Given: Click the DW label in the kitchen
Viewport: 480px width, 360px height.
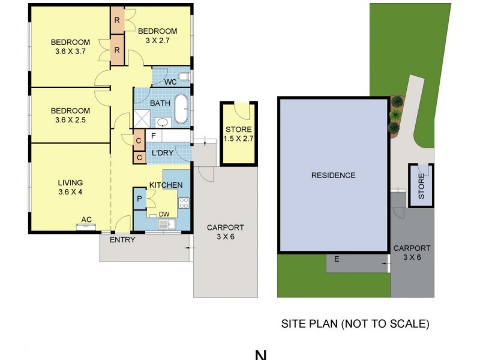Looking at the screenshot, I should (x=163, y=214).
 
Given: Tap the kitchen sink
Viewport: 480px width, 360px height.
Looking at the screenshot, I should (x=166, y=225).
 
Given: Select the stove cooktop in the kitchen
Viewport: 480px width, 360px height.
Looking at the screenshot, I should (x=184, y=203).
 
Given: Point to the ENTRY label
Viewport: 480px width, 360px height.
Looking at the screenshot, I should (x=122, y=240).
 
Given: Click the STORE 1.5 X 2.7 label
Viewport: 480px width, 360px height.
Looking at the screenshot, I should (x=239, y=134).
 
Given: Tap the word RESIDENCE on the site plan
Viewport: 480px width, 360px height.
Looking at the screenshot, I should (x=333, y=176).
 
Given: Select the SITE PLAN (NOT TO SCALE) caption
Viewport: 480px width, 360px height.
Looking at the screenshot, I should (x=355, y=324).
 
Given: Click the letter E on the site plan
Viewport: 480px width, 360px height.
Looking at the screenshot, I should (x=337, y=259).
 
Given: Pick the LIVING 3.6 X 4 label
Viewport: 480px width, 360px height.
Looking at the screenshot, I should (x=70, y=187).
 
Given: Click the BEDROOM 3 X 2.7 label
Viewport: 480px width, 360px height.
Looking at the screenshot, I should (x=157, y=36).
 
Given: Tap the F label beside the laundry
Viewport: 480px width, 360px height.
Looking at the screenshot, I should (x=154, y=136).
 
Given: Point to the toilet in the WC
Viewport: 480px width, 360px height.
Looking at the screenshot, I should (x=184, y=78).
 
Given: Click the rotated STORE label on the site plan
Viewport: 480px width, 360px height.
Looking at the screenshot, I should (x=421, y=186).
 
